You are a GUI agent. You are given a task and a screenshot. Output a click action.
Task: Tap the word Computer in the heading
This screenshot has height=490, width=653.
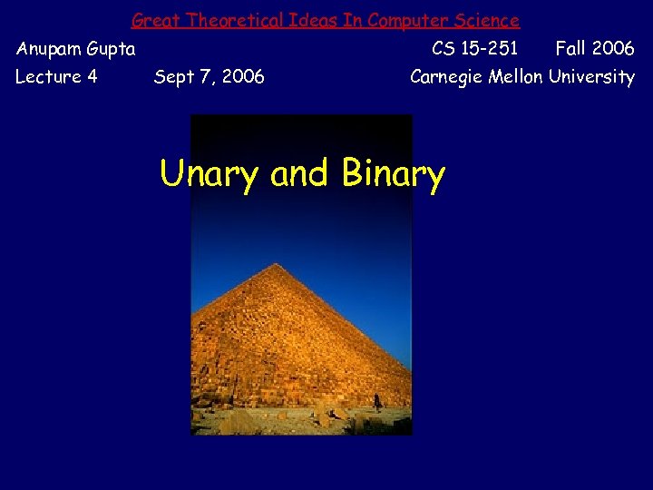click(407, 20)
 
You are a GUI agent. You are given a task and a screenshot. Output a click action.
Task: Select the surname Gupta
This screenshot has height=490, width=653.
click(112, 49)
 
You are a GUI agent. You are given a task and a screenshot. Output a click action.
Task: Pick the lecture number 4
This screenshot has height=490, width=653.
click(92, 77)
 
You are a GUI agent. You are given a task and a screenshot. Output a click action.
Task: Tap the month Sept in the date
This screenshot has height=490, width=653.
click(174, 77)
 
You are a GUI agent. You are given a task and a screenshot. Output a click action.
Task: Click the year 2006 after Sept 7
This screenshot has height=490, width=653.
click(242, 77)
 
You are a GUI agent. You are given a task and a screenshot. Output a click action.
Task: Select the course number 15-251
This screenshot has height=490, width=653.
click(489, 48)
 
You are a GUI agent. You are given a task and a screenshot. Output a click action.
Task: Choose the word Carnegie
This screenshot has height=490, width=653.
click(447, 77)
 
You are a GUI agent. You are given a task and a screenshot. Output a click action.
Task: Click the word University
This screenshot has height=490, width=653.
click(592, 77)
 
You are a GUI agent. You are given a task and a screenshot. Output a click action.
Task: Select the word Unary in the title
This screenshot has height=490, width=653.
click(209, 173)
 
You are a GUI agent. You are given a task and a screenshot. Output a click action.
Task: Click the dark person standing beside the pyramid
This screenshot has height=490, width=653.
click(377, 400)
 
